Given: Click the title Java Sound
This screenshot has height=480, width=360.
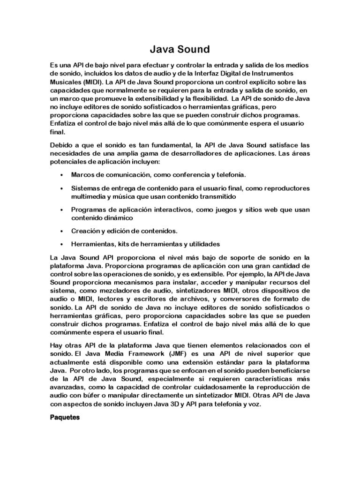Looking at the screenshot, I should point(180,48).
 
